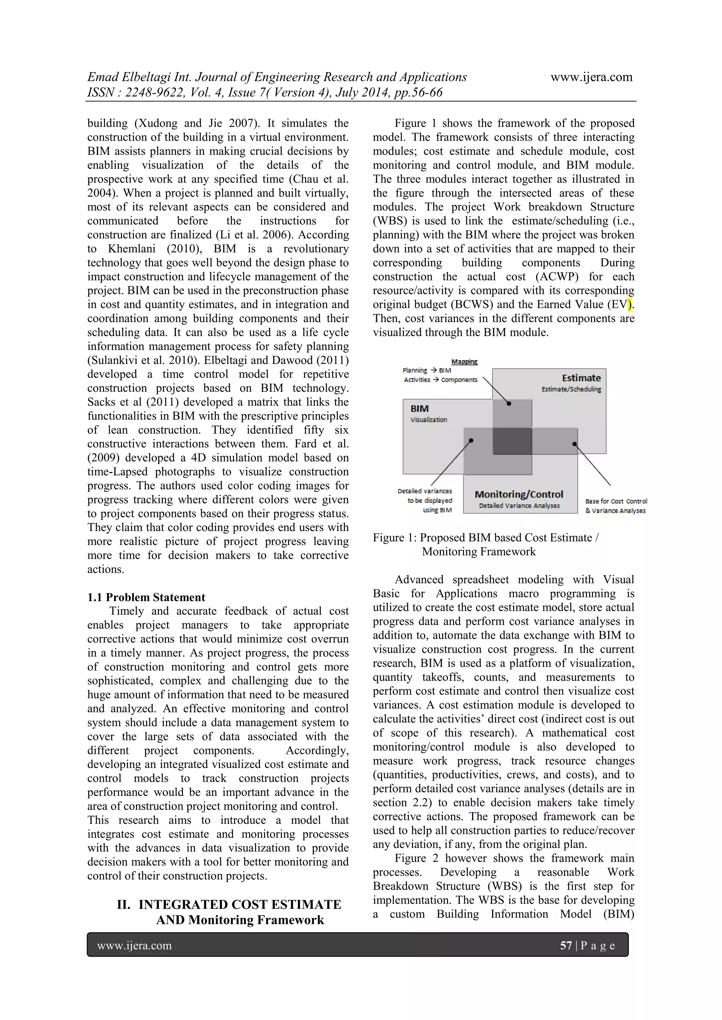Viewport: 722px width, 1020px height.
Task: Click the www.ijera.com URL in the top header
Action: pos(591,77)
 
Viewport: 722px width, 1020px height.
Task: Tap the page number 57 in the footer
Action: pos(565,945)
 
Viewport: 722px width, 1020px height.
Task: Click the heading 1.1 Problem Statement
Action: pos(146,597)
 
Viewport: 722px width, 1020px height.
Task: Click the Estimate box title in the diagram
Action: pos(581,378)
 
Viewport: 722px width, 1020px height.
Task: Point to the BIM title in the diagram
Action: pos(419,409)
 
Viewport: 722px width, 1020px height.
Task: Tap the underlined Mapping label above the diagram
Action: pos(464,361)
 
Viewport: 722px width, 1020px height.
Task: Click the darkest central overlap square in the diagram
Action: pos(512,441)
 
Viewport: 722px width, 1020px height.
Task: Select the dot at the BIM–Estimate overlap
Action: pos(509,403)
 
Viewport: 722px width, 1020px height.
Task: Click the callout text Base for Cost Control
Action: pos(616,501)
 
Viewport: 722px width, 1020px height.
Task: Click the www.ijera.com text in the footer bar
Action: pos(134,945)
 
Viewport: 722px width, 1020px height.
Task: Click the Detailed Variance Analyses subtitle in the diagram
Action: pos(519,506)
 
